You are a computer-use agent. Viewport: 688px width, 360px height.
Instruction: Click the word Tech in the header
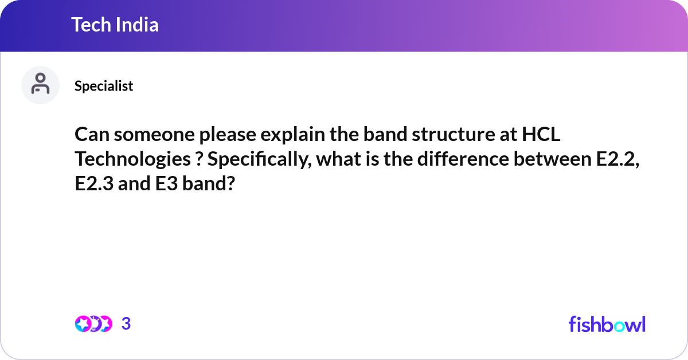coord(91,25)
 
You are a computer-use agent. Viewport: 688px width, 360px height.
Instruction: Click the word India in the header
coord(138,25)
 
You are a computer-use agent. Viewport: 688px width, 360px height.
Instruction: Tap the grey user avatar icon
coord(40,85)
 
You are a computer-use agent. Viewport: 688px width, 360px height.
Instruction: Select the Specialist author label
coord(104,86)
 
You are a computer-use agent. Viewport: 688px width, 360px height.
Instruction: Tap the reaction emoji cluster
coord(93,324)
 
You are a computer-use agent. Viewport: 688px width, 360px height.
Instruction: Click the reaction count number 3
coord(126,324)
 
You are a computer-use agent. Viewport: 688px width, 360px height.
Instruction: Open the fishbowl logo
coord(607,324)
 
